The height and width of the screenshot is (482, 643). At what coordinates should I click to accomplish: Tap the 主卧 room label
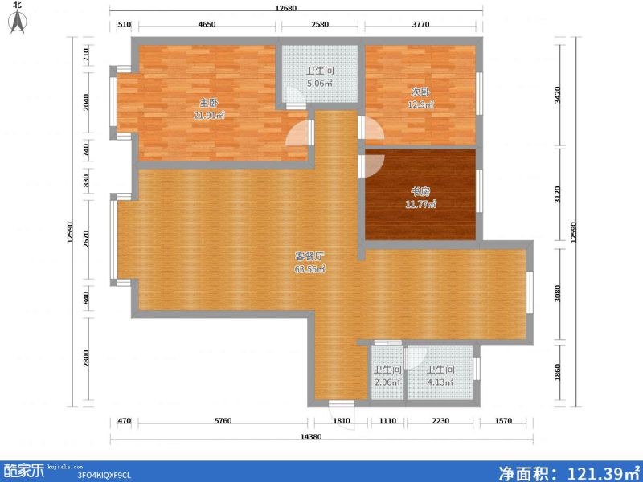(x=208, y=103)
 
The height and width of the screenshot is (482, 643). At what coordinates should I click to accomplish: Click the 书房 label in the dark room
(x=420, y=192)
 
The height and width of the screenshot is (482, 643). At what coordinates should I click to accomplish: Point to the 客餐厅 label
(x=309, y=256)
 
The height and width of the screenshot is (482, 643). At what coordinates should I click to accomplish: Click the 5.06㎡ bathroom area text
(x=319, y=83)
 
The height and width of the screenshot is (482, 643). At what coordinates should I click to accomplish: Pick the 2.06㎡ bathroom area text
(x=387, y=382)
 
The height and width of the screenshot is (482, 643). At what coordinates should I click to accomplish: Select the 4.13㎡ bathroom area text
(x=440, y=382)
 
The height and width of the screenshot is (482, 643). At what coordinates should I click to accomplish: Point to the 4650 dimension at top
(x=207, y=25)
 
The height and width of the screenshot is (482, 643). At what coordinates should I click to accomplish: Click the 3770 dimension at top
(x=421, y=25)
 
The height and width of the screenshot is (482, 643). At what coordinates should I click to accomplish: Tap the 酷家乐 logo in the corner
(x=24, y=470)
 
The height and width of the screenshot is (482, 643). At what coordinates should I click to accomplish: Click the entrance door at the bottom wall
(x=342, y=404)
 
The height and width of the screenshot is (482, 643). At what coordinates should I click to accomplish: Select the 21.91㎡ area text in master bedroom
(x=208, y=116)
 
